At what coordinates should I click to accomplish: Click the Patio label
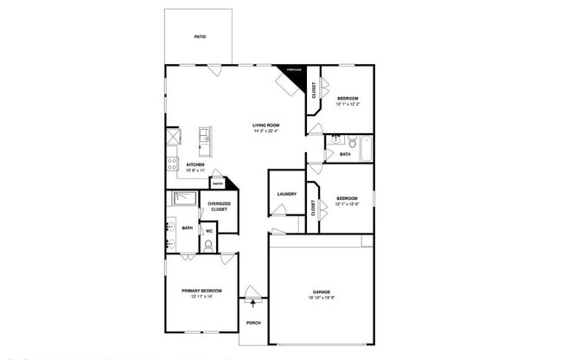199,37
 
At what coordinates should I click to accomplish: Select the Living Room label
265,125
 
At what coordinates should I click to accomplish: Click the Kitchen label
195,164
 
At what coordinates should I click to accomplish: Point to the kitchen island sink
204,135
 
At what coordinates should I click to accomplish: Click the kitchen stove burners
172,161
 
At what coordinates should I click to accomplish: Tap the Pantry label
219,184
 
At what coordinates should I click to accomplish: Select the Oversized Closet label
219,207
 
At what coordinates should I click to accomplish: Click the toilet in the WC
208,245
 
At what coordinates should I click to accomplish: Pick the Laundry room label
287,194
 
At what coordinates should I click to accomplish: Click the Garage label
321,292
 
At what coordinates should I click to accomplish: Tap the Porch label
253,323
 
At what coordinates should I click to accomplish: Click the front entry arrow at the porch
252,301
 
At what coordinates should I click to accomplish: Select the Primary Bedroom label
201,290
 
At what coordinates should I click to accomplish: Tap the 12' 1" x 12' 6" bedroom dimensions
348,203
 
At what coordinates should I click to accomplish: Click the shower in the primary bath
183,199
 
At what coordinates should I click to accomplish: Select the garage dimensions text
321,298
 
